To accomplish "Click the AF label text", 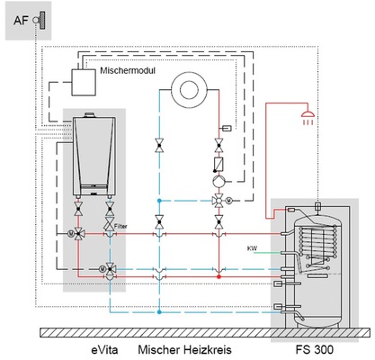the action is point(21,21).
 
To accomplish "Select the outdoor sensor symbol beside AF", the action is point(40,20).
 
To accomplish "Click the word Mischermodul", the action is point(128,71).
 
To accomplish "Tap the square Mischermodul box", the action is point(84,82).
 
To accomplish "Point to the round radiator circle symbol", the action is point(189,90).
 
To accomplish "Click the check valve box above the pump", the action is point(219,165).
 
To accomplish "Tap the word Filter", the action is point(121,227).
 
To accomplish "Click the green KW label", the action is point(252,248).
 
